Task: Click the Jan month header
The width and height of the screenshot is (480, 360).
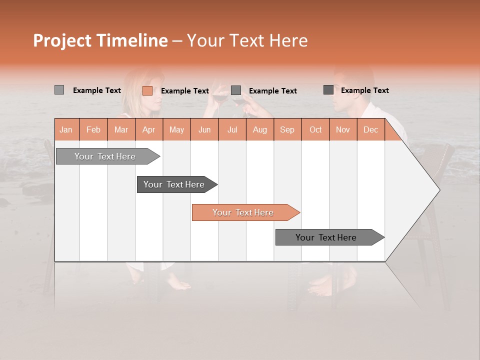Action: [66, 129]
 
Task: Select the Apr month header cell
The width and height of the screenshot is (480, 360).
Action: [148, 129]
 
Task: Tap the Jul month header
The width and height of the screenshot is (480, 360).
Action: [232, 129]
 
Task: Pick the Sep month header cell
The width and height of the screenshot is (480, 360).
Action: [287, 129]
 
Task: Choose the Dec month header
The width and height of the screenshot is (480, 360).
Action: [370, 129]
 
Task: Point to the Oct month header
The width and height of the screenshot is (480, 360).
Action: [315, 129]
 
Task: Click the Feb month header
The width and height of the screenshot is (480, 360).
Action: [93, 129]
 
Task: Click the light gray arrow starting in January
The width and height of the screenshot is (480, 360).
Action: [105, 156]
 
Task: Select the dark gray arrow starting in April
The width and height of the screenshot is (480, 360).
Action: [174, 184]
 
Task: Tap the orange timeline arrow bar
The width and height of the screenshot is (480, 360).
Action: [243, 212]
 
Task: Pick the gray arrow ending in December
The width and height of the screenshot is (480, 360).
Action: [326, 237]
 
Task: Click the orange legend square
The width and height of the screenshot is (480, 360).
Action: [147, 90]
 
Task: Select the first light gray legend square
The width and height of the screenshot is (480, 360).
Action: [59, 90]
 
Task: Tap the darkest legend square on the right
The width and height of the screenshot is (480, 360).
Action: [328, 90]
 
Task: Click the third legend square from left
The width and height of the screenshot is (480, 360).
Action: [236, 90]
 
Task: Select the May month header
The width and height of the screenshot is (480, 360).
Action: [176, 129]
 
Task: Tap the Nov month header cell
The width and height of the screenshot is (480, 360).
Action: [342, 129]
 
